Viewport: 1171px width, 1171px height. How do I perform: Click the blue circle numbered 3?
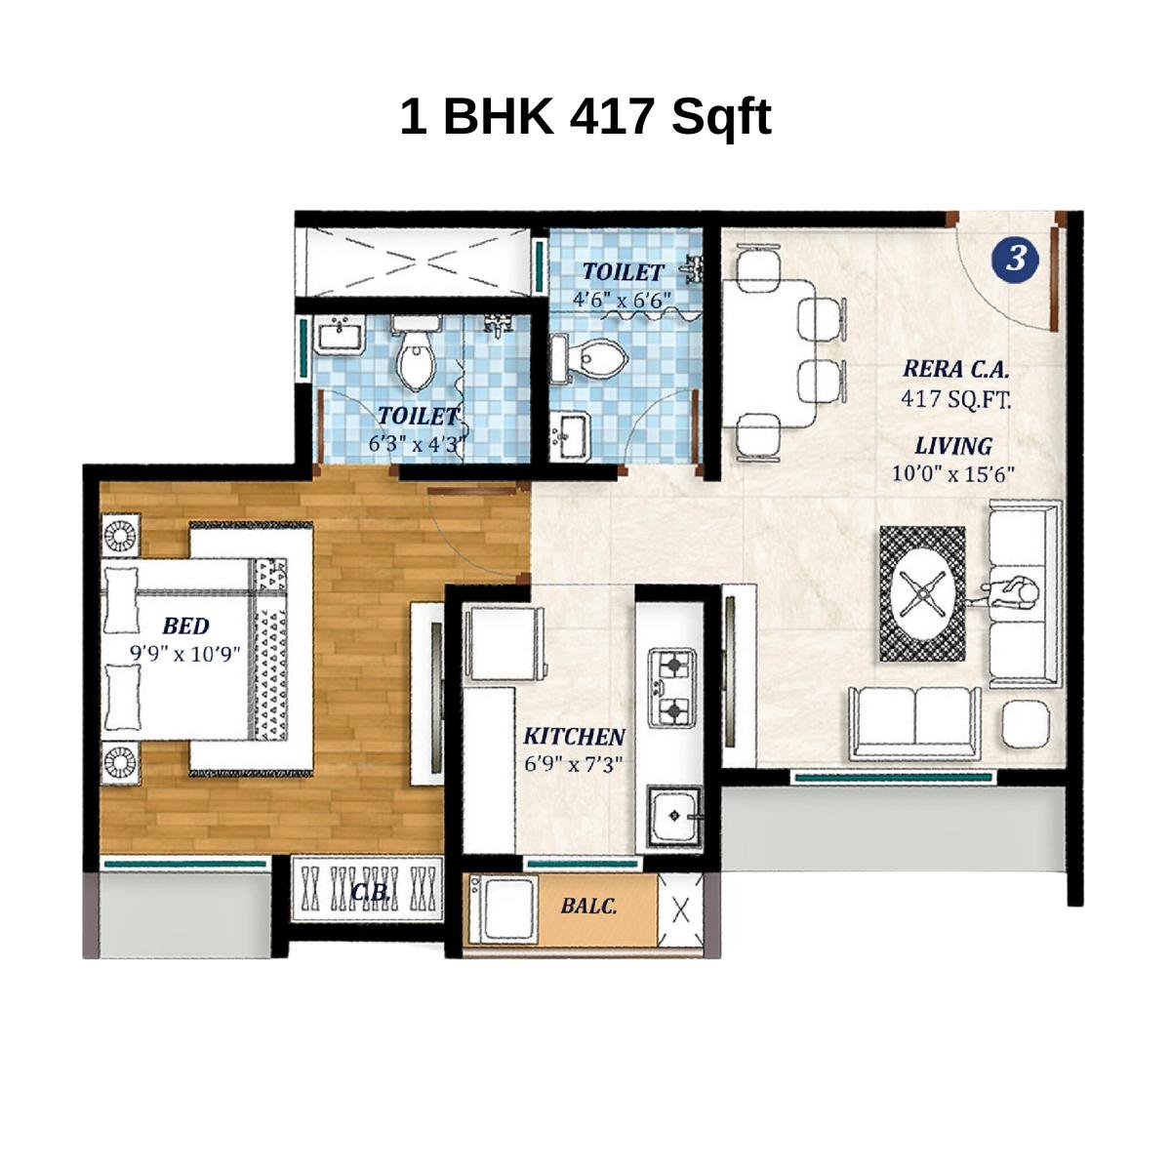coord(1016,259)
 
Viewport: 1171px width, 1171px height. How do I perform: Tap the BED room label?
coord(185,626)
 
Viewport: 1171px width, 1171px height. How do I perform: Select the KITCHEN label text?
coord(574,737)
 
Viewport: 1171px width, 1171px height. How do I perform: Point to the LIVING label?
coord(953,447)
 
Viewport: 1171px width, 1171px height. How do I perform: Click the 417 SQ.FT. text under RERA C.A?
coord(955,398)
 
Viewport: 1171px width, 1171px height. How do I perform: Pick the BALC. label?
coord(588,906)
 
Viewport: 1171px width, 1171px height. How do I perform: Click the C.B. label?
coord(372,892)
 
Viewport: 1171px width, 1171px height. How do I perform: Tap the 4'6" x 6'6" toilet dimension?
coord(623,300)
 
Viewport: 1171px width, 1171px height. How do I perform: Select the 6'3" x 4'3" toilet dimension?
coord(418,443)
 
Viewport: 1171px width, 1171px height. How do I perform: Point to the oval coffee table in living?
coord(922,593)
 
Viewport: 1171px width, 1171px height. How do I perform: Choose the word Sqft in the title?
coord(720,117)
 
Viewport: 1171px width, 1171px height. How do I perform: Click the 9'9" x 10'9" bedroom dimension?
coord(185,653)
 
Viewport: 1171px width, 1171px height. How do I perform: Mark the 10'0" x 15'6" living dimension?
coord(953,474)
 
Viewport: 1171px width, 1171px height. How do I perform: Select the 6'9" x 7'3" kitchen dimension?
coord(574,764)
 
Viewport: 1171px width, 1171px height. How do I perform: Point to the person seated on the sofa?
coord(1012,592)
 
